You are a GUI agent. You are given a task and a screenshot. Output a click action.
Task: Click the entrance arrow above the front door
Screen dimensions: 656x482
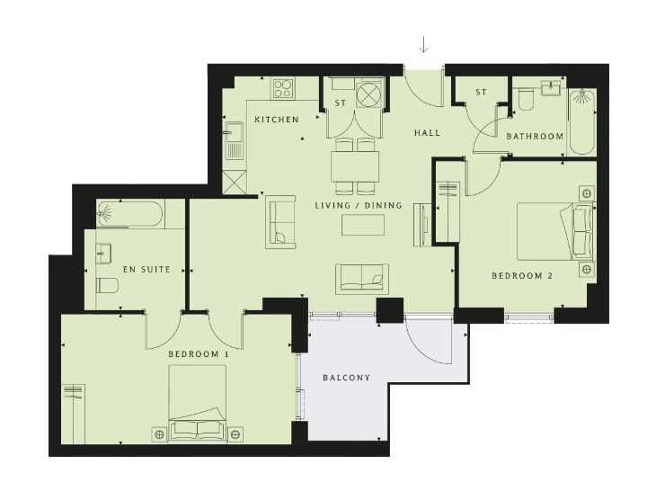pos(423,45)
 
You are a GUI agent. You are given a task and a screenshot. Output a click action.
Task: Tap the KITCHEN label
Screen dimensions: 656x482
pos(277,120)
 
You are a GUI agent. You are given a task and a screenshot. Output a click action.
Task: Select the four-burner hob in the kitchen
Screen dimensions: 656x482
pos(283,88)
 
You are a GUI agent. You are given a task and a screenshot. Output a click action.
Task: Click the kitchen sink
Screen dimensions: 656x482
pos(235,140)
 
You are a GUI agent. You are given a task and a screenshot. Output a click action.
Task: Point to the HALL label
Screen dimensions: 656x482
pos(427,133)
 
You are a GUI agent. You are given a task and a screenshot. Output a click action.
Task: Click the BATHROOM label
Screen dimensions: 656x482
pos(535,136)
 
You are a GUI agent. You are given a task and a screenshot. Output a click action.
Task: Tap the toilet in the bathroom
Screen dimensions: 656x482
pos(526,99)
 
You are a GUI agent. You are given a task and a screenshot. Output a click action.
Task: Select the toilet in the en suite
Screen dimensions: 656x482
pos(108,285)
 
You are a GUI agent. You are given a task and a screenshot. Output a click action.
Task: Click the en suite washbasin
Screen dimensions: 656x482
pos(103,254)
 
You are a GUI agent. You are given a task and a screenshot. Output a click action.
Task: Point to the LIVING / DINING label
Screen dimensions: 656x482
pos(359,206)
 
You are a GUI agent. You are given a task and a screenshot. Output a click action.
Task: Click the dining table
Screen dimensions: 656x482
pos(355,166)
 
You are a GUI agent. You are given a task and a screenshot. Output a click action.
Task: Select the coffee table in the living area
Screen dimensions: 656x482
pos(363,225)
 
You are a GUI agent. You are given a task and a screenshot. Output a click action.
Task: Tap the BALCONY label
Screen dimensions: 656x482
pos(347,378)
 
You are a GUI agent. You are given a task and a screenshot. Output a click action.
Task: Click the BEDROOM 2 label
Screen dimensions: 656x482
pos(522,276)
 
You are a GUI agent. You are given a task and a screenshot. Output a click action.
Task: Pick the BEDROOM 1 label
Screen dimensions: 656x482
pos(199,354)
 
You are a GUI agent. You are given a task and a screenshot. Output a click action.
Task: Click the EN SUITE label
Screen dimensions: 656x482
pos(146,270)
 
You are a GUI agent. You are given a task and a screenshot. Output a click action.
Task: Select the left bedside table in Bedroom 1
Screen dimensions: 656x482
pos(159,434)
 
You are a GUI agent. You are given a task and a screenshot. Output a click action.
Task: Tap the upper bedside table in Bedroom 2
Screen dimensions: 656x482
pos(587,193)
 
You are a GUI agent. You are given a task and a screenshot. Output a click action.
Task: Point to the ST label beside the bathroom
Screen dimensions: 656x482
pos(481,92)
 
